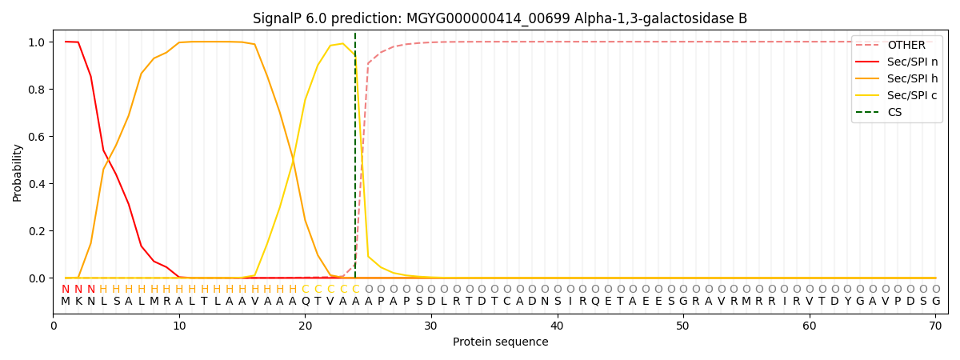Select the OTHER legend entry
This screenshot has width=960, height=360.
[897, 45]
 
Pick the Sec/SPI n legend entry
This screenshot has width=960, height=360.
[897, 62]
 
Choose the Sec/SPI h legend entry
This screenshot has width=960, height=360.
[897, 78]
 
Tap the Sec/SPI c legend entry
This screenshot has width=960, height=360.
[897, 95]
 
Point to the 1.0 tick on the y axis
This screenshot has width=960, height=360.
[37, 42]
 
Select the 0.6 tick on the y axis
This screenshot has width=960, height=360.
[37, 137]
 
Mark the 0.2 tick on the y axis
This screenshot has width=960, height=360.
[37, 231]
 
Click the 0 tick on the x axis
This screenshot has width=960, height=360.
[53, 326]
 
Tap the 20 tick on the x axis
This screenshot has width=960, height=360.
[305, 326]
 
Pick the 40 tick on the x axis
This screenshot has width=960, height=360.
[557, 326]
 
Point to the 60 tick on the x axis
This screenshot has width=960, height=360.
[810, 326]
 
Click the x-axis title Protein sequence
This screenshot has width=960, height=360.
[501, 342]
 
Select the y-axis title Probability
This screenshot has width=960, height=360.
[17, 173]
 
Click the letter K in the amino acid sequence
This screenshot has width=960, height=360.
[78, 302]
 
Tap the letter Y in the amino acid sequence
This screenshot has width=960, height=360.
[847, 302]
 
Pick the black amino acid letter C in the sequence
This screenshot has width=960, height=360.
[507, 302]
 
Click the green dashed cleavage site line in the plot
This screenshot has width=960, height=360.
[355, 155]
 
